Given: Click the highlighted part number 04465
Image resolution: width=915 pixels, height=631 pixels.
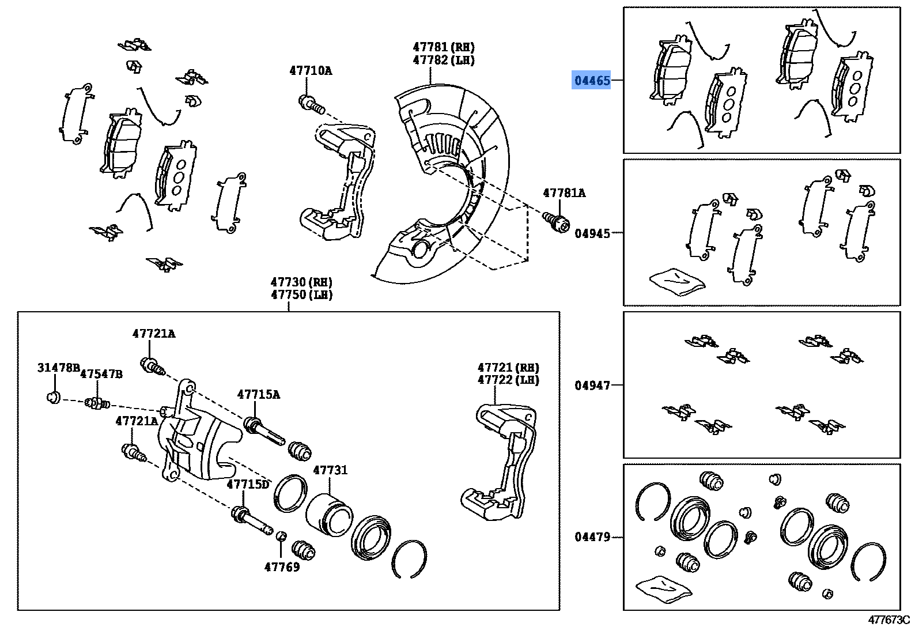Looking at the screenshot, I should click(x=592, y=81).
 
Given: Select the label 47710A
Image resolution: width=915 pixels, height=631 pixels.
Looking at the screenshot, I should click(x=311, y=71).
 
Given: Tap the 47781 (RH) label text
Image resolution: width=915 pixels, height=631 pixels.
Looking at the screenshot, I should click(x=443, y=47).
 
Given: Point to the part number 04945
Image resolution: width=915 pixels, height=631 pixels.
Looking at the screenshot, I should click(x=592, y=233).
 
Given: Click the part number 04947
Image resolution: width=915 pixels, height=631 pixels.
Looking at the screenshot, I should click(x=592, y=386).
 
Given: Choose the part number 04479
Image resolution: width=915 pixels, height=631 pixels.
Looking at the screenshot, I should click(x=592, y=537).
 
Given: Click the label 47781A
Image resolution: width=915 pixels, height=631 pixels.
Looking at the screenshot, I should click(x=564, y=193).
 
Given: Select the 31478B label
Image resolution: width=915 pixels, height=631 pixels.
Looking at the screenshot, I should click(x=58, y=367).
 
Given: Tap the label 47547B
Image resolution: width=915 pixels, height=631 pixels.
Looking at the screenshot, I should click(x=101, y=374).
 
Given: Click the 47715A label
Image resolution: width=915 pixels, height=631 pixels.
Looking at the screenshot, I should click(x=258, y=394).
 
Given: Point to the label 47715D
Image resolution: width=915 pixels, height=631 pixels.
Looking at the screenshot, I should click(x=248, y=484).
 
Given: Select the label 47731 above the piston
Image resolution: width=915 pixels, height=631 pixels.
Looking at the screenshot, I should click(x=330, y=470).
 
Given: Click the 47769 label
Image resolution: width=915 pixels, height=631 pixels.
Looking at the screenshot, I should click(x=282, y=567).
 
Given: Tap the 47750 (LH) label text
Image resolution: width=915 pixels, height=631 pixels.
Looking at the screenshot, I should click(x=301, y=294).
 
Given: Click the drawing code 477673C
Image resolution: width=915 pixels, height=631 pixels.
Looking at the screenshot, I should click(x=888, y=620).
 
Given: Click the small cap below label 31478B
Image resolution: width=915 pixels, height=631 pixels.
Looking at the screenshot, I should click(x=54, y=396).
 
